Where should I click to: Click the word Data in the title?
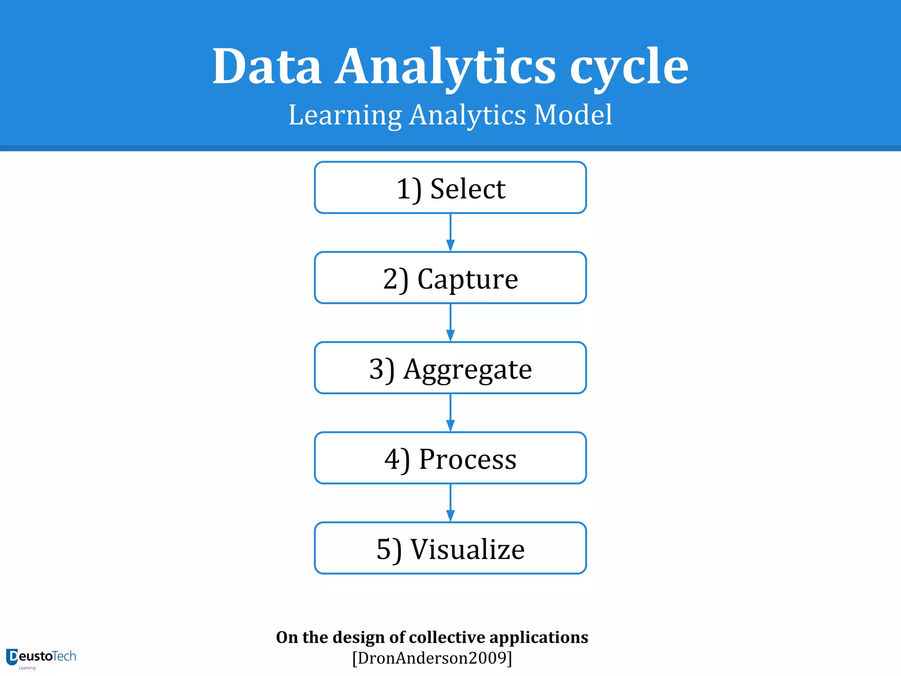[267, 67]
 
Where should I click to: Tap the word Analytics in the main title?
[445, 67]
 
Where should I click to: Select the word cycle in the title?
[629, 67]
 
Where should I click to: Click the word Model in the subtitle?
[573, 115]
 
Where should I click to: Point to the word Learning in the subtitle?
[345, 115]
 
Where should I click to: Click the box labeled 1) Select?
[450, 188]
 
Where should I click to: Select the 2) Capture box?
[450, 278]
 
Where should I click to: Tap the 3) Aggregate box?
[450, 368]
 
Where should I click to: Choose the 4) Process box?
[450, 458]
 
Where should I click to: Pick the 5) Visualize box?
[450, 548]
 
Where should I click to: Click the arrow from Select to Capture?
[450, 233]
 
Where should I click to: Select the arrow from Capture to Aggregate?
[450, 323]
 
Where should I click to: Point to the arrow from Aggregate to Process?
[450, 413]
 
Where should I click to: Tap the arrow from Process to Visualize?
[450, 503]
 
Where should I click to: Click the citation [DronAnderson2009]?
[432, 658]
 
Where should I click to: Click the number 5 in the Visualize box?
[384, 549]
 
